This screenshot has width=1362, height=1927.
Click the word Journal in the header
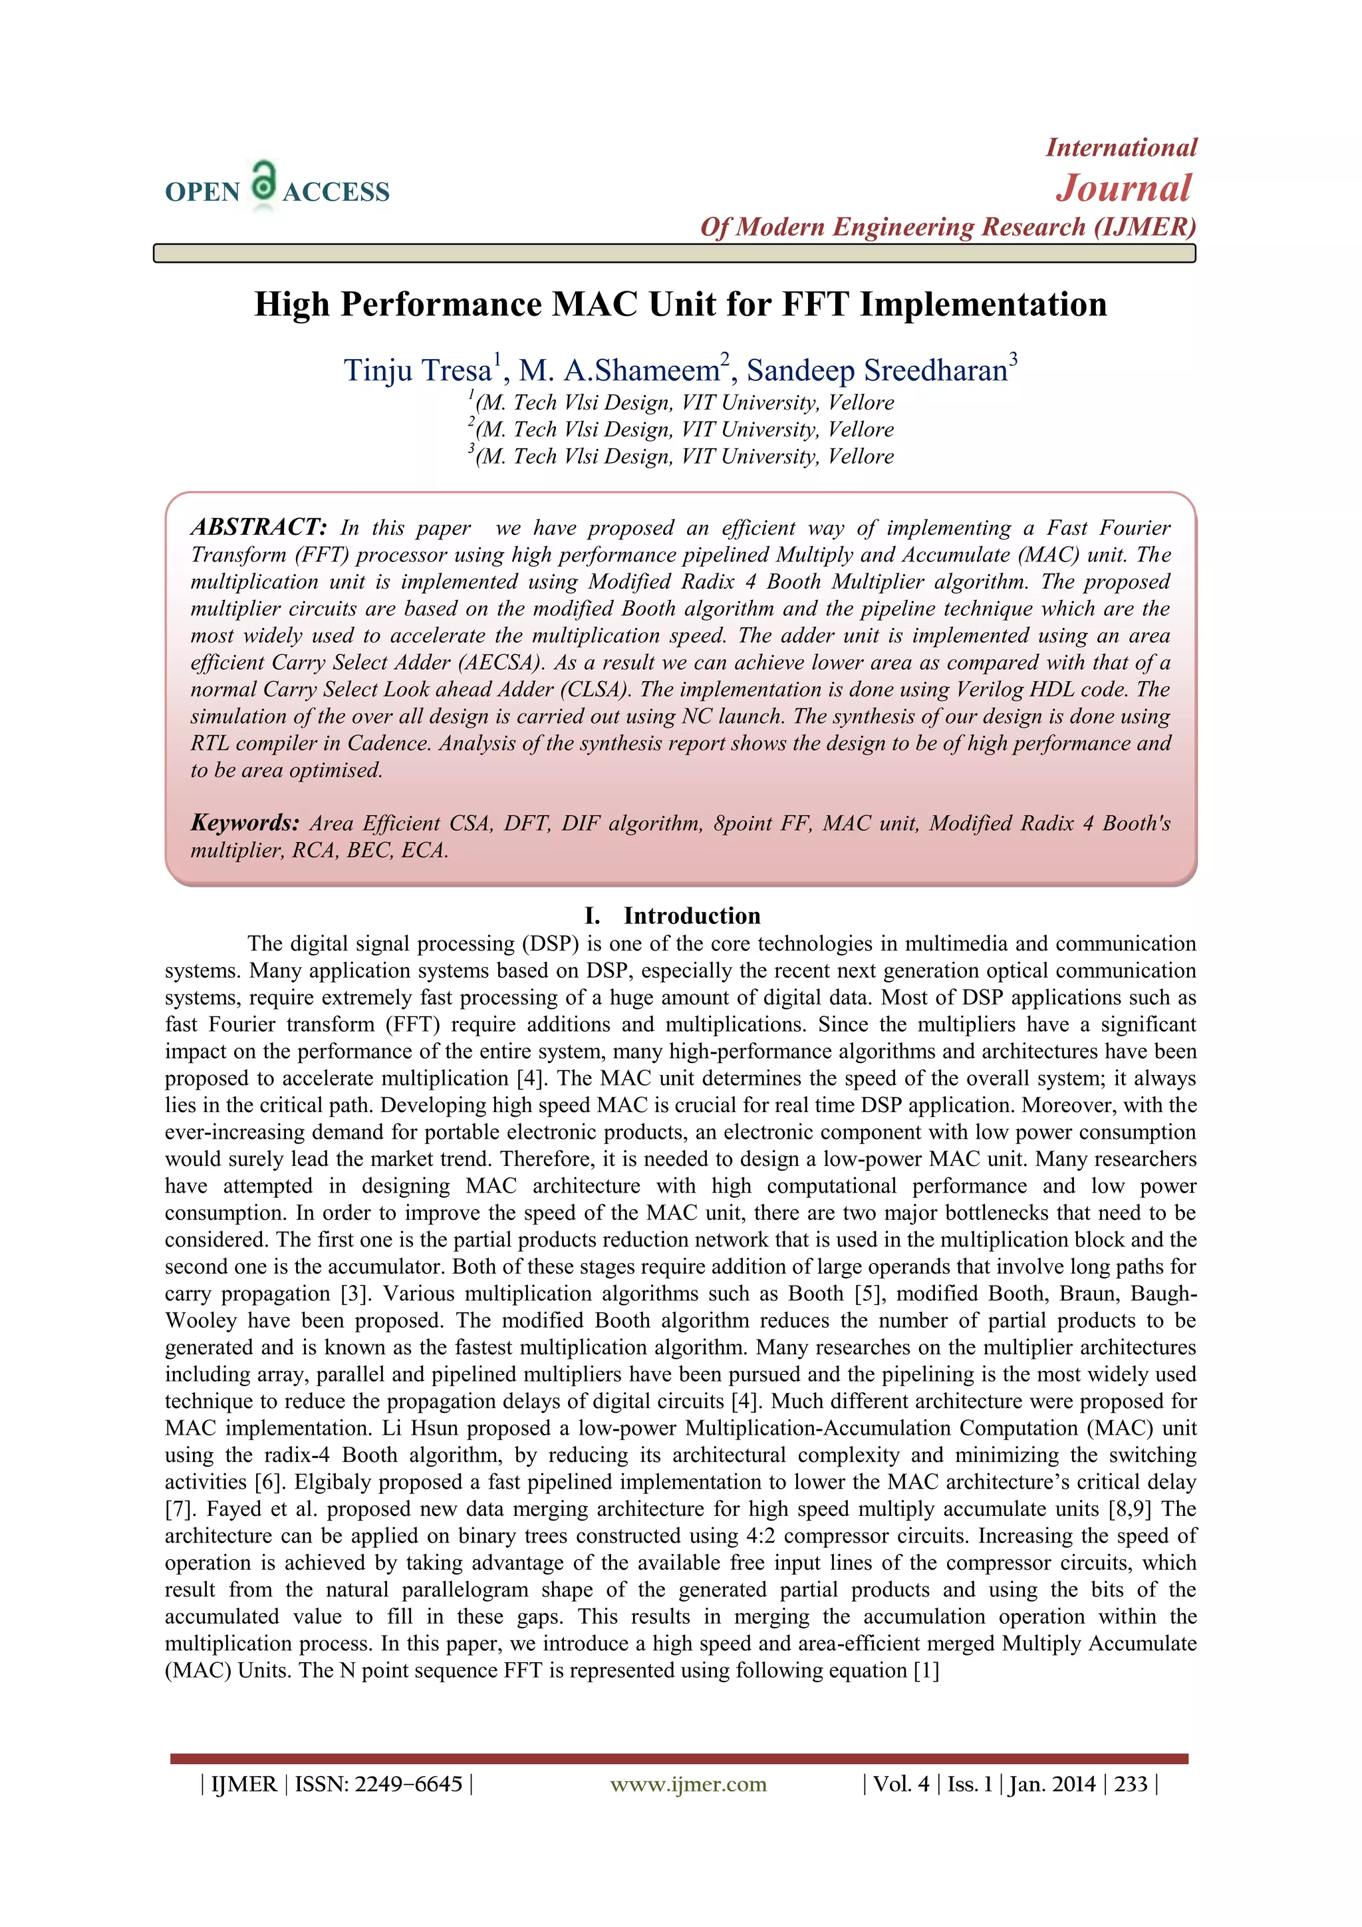click(1123, 188)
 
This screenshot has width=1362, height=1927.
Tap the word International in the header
click(1121, 148)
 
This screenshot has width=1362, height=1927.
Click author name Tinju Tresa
click(417, 370)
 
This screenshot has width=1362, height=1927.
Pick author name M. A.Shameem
click(618, 370)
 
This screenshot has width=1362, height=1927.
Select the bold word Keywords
click(244, 823)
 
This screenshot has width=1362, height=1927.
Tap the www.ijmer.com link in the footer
click(688, 1783)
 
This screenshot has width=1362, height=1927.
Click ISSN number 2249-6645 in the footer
click(408, 1783)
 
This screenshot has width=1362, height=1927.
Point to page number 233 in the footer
click(1131, 1783)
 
